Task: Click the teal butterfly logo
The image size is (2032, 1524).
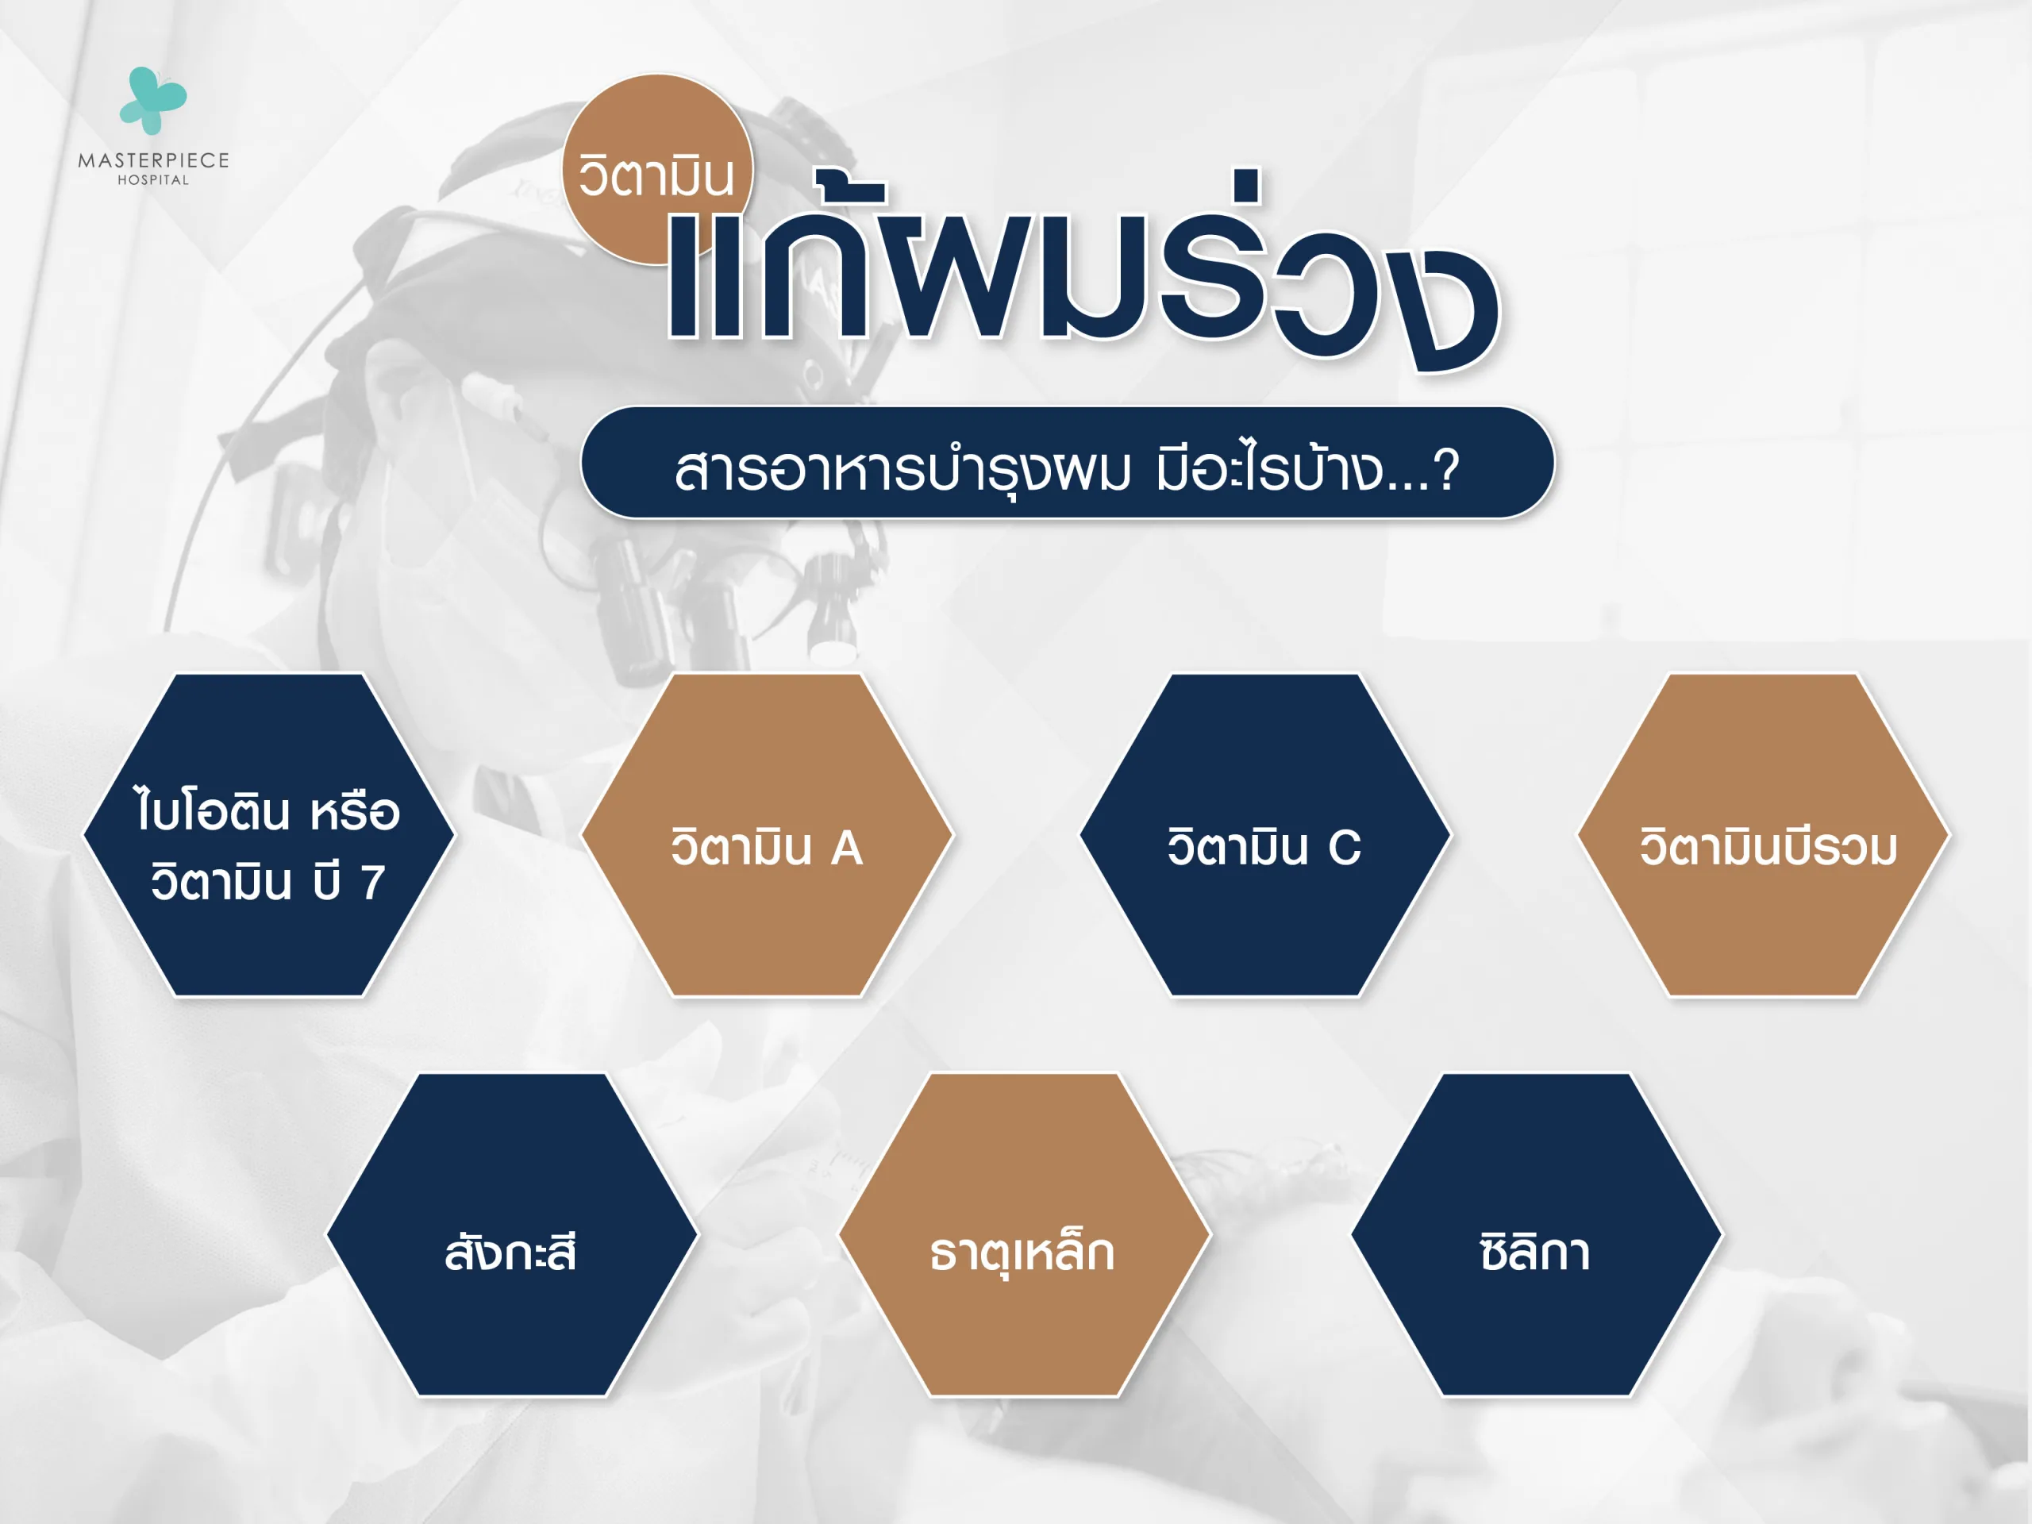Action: point(152,99)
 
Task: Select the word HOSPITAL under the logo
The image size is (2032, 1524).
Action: point(153,180)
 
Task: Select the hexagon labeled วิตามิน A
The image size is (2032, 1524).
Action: point(767,834)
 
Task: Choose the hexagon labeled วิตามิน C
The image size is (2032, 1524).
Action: point(1265,834)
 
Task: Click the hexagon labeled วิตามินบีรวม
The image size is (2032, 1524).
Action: point(1764,834)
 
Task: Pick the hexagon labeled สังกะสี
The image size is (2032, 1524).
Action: point(512,1233)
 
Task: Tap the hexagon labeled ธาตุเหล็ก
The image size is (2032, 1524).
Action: point(1024,1233)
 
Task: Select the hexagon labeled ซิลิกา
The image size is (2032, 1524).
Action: point(1536,1233)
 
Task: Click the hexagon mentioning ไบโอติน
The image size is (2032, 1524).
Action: point(268,834)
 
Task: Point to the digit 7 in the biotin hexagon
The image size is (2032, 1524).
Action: point(372,882)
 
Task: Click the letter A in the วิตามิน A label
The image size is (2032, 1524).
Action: point(847,847)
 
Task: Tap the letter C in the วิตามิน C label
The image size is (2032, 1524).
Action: point(1345,847)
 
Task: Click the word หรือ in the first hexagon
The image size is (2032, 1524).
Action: point(355,812)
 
